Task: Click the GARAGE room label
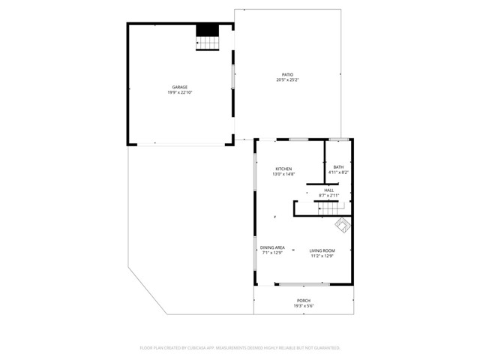(180, 87)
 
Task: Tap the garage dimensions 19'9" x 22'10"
(180, 92)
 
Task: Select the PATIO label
(287, 74)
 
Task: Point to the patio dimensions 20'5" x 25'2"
(287, 79)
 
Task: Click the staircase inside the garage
(208, 37)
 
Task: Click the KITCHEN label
(283, 169)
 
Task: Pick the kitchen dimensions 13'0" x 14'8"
(283, 174)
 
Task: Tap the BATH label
(338, 166)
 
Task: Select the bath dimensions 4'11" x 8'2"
(338, 172)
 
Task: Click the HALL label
(328, 190)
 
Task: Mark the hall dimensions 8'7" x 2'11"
(328, 196)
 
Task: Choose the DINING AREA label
(272, 247)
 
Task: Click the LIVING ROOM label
(322, 250)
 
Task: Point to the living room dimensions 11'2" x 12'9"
(322, 256)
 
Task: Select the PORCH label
(303, 300)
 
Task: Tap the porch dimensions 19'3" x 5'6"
(303, 305)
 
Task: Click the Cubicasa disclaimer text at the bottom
(240, 348)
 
